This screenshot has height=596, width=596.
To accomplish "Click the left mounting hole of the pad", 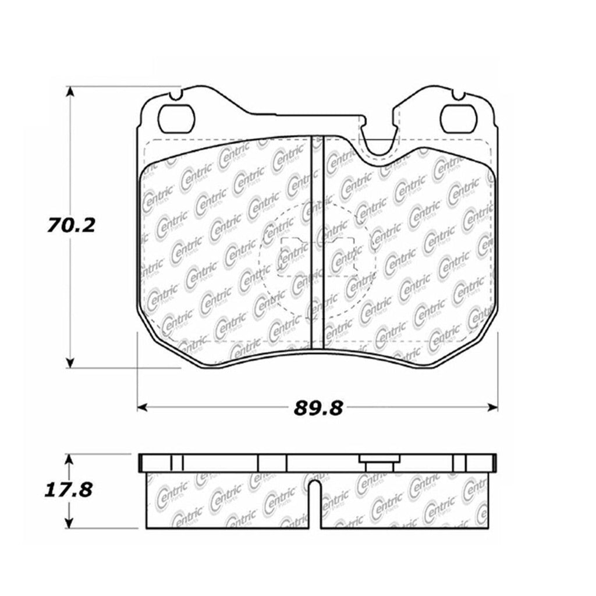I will click(x=176, y=119).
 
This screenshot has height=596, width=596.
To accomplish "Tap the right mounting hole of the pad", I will click(x=458, y=119).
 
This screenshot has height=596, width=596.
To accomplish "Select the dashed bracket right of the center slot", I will click(x=343, y=256).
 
